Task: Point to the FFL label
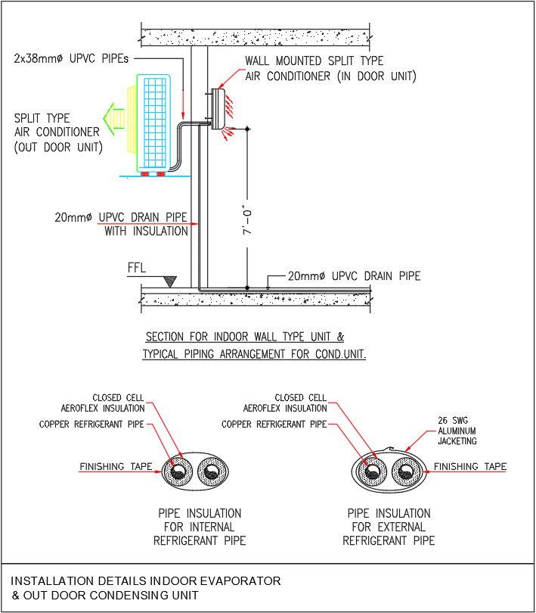click(138, 269)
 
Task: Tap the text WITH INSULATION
click(146, 231)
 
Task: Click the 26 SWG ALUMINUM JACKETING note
click(457, 431)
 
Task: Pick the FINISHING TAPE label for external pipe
click(469, 466)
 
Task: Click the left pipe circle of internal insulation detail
click(180, 472)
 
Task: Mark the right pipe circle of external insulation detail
click(405, 473)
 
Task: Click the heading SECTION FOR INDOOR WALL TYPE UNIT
click(244, 337)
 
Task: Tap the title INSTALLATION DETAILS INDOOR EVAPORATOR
click(146, 581)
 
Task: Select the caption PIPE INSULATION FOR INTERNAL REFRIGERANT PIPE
click(199, 527)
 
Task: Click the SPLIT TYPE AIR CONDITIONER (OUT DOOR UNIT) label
click(57, 132)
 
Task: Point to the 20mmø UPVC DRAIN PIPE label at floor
click(354, 276)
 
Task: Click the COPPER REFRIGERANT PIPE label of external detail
click(274, 424)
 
